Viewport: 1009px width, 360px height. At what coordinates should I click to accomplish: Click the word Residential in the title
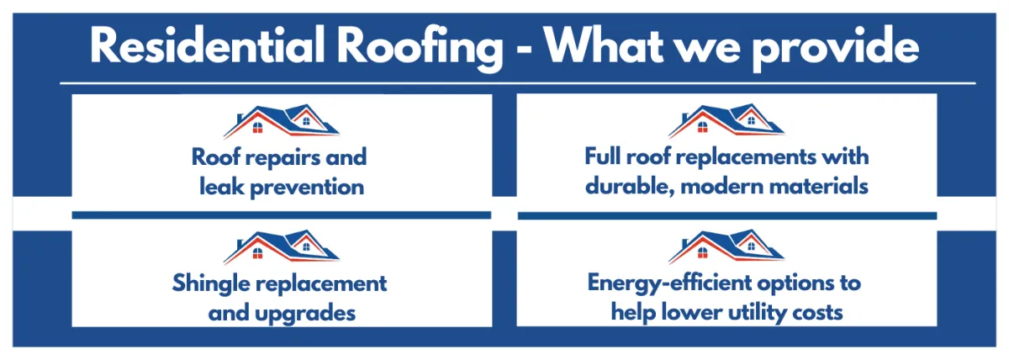click(x=207, y=46)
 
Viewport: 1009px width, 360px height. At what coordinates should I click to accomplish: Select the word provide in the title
click(x=836, y=47)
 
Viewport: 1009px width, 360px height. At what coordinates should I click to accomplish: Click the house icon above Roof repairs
click(x=282, y=121)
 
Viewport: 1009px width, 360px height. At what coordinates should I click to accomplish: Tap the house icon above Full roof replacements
click(x=726, y=120)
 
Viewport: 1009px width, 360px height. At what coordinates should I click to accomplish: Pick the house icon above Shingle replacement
click(x=282, y=246)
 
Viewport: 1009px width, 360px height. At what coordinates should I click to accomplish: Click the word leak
click(x=222, y=187)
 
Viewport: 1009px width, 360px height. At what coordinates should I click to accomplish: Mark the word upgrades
click(x=305, y=314)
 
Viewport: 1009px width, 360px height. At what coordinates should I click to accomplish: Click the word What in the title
click(x=604, y=46)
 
